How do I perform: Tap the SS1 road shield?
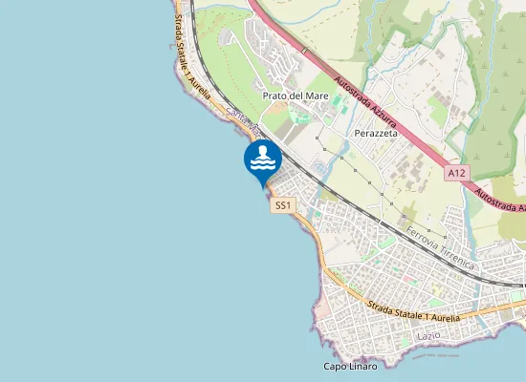283,205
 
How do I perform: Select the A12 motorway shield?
457,173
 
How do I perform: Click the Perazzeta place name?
376,134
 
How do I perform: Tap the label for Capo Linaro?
350,367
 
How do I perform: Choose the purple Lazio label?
427,336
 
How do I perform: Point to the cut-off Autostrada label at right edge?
499,202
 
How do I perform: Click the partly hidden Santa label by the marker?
235,115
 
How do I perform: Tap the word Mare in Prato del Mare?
315,95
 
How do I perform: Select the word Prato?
274,95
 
